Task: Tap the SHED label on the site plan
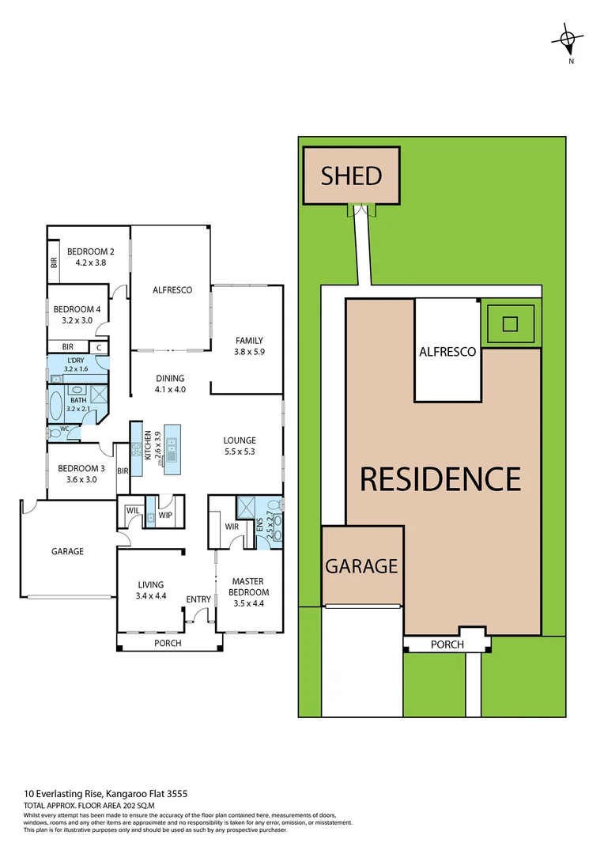tap(352, 176)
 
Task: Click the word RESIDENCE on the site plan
tap(440, 478)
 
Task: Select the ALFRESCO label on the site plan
tap(447, 352)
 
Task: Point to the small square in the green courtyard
tap(510, 323)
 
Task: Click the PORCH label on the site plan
tap(447, 644)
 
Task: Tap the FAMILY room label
tap(248, 341)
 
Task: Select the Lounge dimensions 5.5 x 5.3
tap(240, 452)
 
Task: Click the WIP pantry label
tap(165, 516)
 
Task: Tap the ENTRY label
tap(198, 599)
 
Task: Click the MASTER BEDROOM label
tap(248, 587)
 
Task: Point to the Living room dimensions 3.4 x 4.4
tap(150, 596)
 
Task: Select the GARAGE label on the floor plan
tap(67, 551)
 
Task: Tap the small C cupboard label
tap(99, 347)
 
